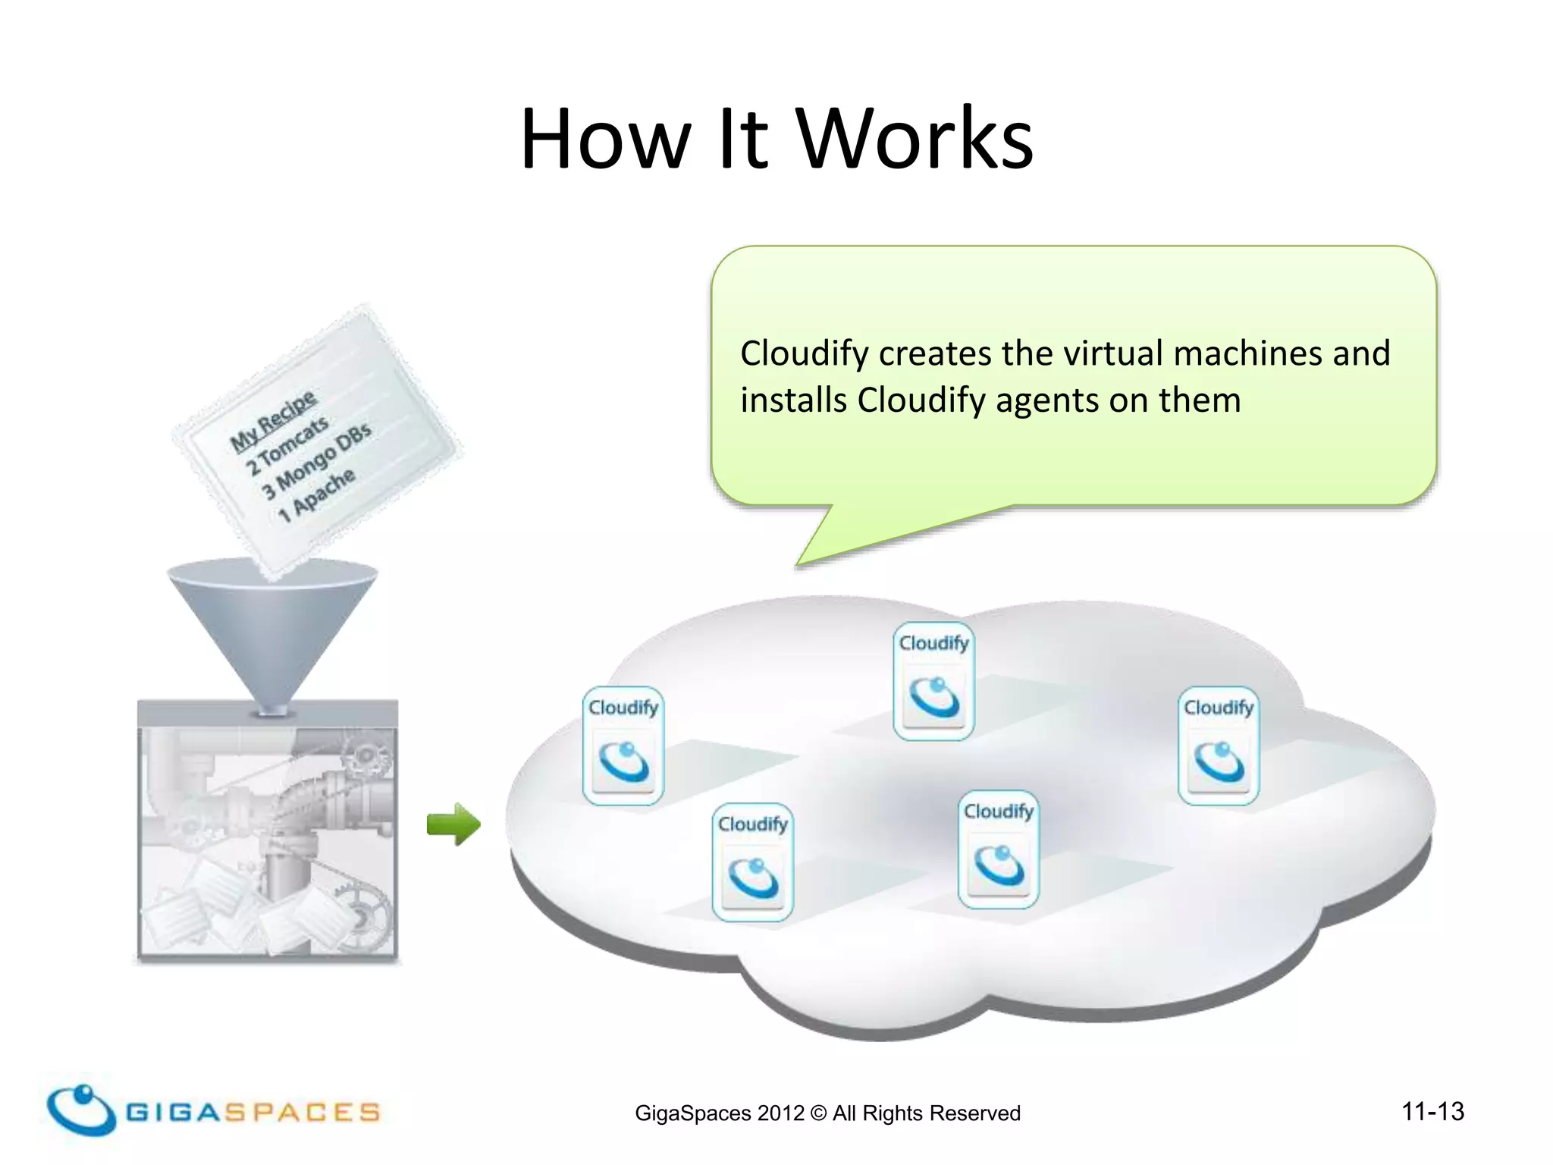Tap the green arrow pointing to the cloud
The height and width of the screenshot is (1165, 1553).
(x=453, y=824)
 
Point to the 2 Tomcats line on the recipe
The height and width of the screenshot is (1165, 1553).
(x=287, y=445)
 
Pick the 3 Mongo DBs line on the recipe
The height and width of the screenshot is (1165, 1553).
(x=316, y=460)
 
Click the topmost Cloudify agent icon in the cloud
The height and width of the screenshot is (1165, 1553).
(x=933, y=680)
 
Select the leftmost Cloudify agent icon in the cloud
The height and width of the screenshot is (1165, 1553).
(x=623, y=745)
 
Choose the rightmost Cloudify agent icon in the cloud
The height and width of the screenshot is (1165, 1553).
(x=1218, y=745)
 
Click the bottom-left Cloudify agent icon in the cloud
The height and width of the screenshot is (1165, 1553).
(x=752, y=862)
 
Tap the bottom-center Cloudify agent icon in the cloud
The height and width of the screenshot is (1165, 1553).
(x=998, y=849)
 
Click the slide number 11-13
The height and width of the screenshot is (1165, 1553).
(x=1432, y=1111)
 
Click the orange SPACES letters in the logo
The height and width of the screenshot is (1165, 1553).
(x=303, y=1113)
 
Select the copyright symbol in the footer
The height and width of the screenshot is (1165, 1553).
(x=818, y=1113)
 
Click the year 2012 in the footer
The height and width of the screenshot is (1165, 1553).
(x=780, y=1113)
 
